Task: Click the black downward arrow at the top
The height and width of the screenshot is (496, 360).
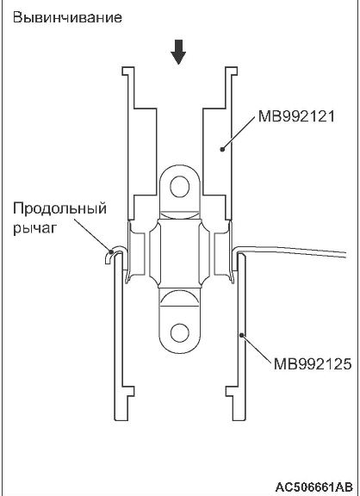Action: pos(178,52)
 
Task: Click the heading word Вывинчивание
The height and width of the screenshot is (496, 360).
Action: pos(67,17)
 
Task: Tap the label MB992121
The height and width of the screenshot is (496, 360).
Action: pos(296,116)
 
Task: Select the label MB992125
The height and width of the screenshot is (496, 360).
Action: pos(313,363)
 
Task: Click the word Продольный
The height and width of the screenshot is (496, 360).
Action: pos(59,209)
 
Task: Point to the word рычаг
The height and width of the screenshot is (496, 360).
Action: pos(34,227)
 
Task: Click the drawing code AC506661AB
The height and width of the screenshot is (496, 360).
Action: pos(313,487)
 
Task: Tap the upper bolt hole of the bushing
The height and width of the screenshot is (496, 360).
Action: pos(180,187)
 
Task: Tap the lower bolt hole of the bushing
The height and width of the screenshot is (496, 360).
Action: pos(180,333)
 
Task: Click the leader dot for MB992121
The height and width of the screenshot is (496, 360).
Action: pos(222,149)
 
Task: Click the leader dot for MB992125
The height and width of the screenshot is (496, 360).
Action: pos(241,335)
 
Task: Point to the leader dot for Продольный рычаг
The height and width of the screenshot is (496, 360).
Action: pos(111,251)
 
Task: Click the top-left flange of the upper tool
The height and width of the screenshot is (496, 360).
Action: pos(127,71)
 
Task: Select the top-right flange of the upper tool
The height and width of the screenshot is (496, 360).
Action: pos(232,71)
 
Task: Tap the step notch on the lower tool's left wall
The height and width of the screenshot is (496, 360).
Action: pos(128,391)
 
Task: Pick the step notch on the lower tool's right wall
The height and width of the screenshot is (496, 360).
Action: pos(232,391)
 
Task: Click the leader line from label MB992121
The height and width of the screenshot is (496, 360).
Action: pos(239,133)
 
